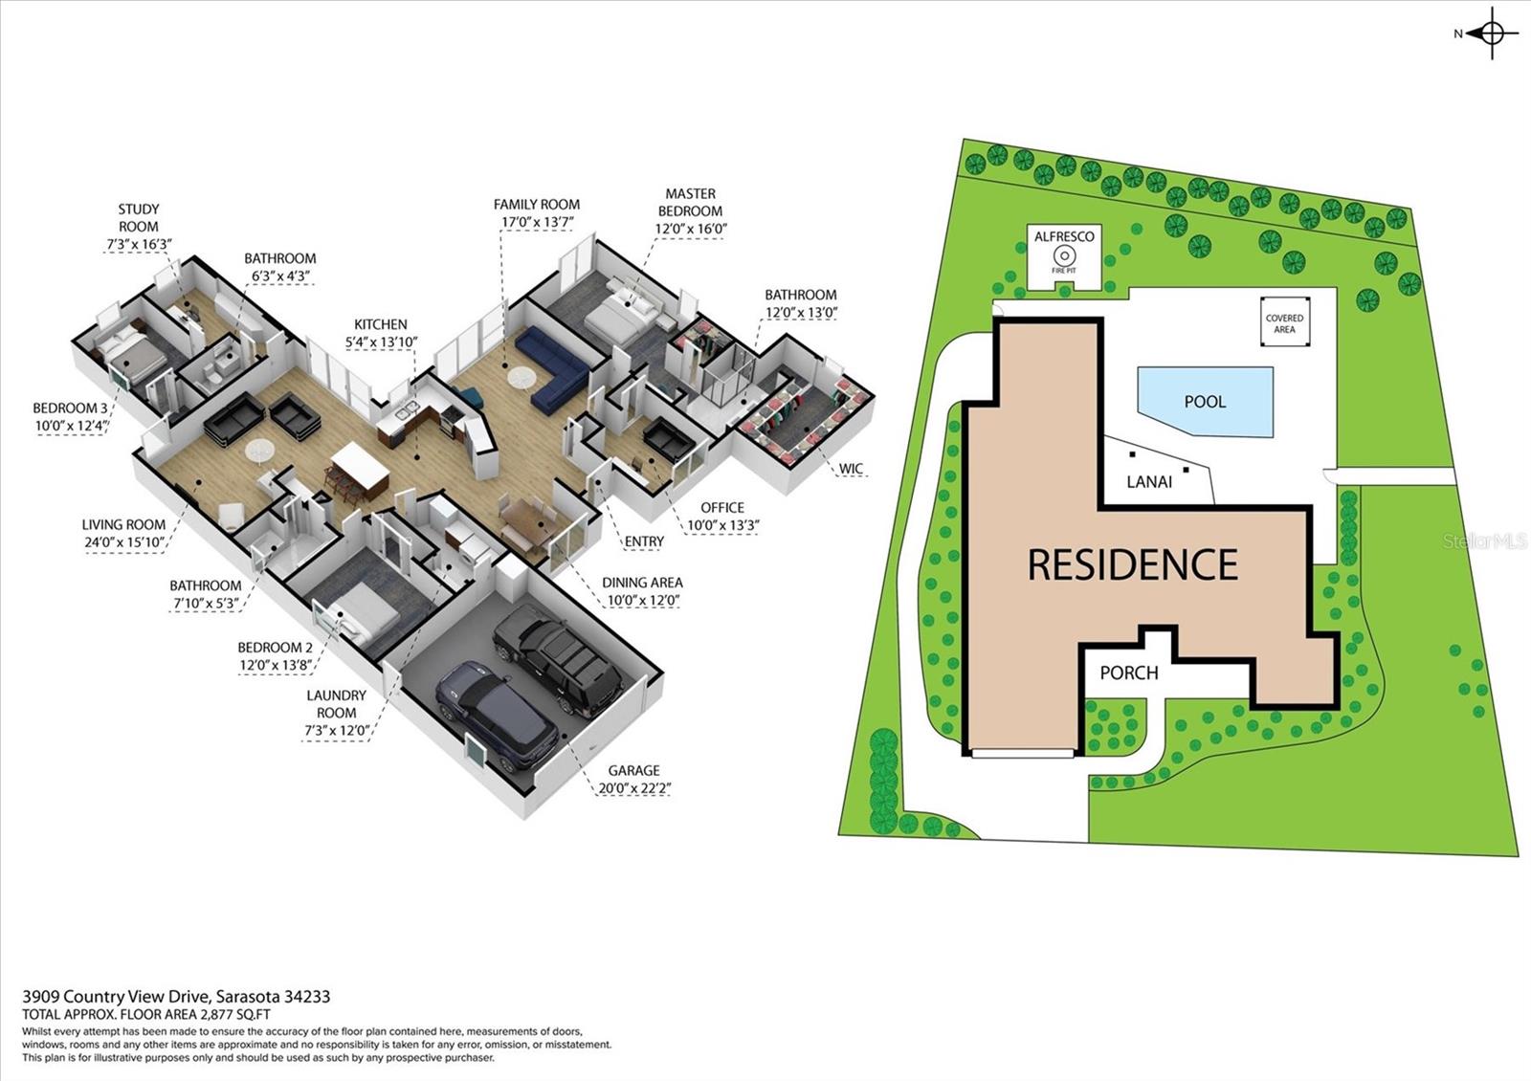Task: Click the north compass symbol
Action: click(1492, 34)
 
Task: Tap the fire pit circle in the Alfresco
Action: click(1064, 256)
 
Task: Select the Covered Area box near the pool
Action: click(1284, 323)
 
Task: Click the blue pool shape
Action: click(1206, 401)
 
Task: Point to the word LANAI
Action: click(1149, 482)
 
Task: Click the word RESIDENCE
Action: click(1132, 564)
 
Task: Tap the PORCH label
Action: click(1128, 673)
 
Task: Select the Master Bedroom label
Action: click(690, 202)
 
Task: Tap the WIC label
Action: click(851, 469)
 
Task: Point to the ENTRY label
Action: click(644, 541)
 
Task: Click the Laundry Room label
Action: click(336, 704)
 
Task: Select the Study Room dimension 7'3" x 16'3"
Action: click(138, 245)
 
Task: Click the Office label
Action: click(721, 507)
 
